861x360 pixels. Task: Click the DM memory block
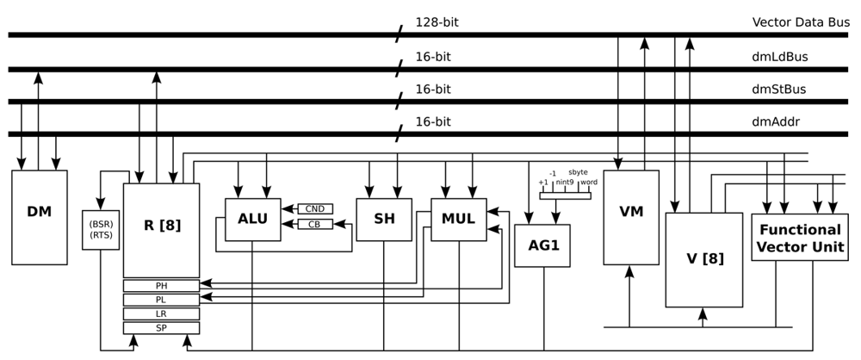coord(39,217)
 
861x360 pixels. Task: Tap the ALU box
coord(252,220)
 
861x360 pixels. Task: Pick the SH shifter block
coord(384,220)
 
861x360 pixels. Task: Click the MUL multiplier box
coord(458,220)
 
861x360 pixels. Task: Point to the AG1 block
coord(542,245)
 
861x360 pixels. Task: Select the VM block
coord(630,217)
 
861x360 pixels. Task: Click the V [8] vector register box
coord(703,259)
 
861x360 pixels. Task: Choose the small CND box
coord(315,208)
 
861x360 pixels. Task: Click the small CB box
coord(315,225)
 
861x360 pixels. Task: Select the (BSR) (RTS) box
coord(101,230)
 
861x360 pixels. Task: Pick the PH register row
coord(161,285)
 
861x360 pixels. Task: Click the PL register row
coord(161,299)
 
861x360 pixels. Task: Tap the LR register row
coord(161,313)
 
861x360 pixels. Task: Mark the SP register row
coord(161,328)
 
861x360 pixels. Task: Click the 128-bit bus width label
coord(437,22)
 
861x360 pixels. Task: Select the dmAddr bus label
coord(775,121)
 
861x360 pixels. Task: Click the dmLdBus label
coord(778,56)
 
